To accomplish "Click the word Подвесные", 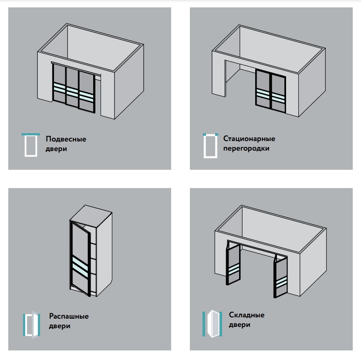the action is click(66, 139).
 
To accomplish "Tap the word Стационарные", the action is click(249, 138).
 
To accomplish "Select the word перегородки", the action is click(246, 148).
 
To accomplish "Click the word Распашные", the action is click(69, 316).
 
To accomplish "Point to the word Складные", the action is click(246, 315).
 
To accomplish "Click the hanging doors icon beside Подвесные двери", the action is click(30, 145).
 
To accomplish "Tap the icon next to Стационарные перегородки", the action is click(210, 146).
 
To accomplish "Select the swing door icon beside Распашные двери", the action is click(31, 325).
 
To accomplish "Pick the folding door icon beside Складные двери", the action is click(212, 323).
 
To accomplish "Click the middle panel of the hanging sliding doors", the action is click(72, 87).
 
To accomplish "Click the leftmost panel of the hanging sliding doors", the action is click(59, 84).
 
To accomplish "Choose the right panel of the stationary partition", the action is click(278, 94).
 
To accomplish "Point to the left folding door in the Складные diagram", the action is click(233, 265).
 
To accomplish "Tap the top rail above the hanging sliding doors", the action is click(76, 68).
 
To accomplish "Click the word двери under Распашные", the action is click(59, 326).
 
